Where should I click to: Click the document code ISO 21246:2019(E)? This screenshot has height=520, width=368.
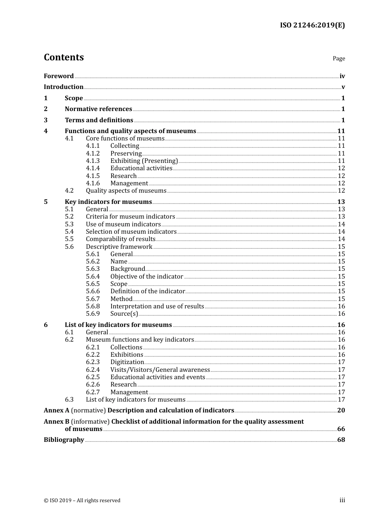(312, 26)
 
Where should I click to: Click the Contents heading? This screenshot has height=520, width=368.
(64, 57)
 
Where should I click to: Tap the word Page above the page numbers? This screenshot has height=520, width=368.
(339, 58)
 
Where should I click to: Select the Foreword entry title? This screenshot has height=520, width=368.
(58, 76)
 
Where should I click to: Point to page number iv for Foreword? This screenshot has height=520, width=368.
(342, 76)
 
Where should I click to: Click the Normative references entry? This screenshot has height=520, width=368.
(98, 109)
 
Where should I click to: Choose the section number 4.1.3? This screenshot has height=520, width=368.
(93, 161)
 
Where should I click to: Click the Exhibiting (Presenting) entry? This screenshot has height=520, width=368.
(144, 161)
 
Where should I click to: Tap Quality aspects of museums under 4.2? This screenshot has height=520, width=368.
(126, 191)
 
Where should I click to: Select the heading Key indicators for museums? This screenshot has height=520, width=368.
(108, 202)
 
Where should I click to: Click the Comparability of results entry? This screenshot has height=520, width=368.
(120, 239)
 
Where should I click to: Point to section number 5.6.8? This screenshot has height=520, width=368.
(93, 306)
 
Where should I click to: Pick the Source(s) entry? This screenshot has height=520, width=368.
(124, 314)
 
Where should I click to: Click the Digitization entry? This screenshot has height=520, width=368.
(127, 362)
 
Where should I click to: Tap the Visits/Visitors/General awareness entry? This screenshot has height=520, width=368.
(160, 370)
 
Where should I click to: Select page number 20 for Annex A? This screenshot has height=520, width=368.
(341, 411)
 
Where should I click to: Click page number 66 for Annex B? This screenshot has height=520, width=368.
(341, 429)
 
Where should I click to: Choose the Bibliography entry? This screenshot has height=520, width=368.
(64, 440)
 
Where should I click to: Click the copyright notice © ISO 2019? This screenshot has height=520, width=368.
(82, 501)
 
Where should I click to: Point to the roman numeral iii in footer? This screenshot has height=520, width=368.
(342, 500)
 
